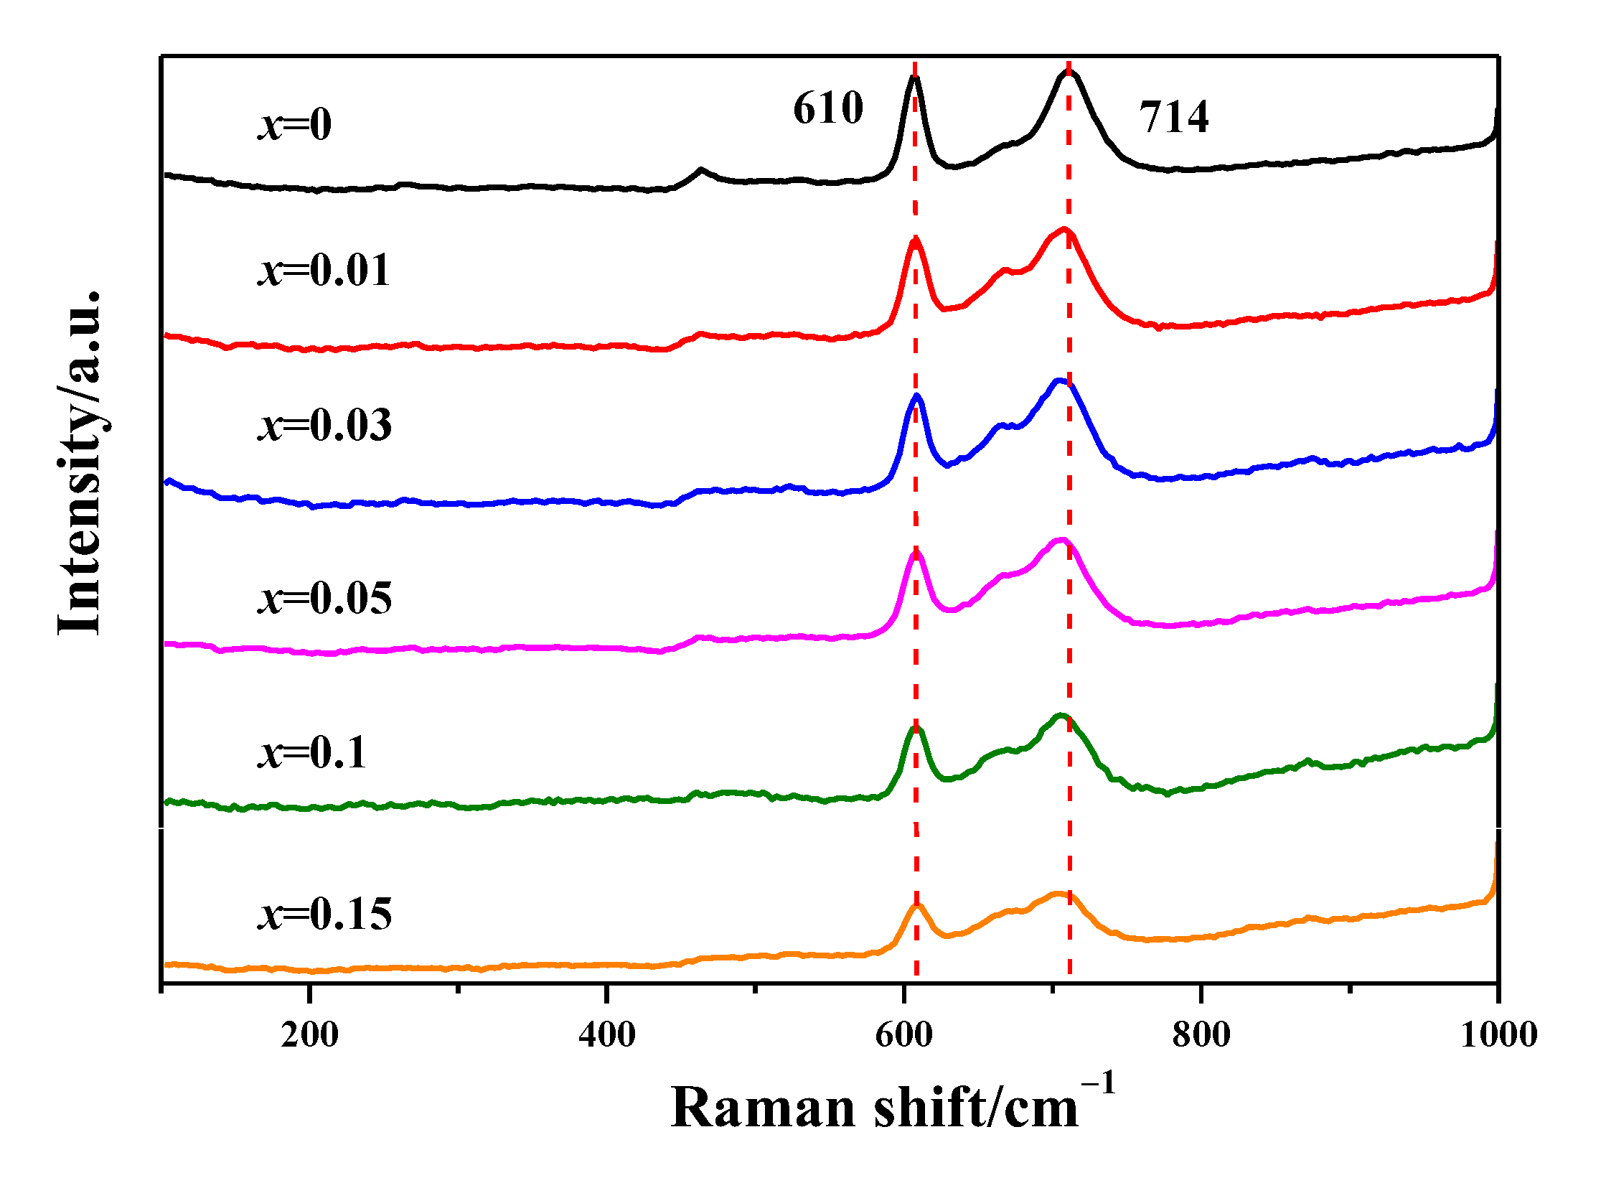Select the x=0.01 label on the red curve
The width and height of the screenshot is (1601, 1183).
coord(324,271)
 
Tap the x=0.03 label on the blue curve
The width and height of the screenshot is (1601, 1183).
coord(325,425)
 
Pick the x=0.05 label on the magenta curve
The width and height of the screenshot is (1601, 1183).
coord(325,598)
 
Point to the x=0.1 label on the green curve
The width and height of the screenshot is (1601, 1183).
coord(312,753)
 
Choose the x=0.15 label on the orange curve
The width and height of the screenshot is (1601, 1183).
coord(325,915)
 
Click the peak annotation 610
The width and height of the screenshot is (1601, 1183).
coord(827,108)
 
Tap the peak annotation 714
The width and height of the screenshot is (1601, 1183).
coord(1173,117)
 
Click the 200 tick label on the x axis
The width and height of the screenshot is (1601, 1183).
coord(309,1035)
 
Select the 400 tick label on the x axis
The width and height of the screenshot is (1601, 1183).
coord(607,1035)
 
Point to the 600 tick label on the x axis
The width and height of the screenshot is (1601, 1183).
coord(904,1035)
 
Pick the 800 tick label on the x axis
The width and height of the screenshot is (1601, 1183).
coord(1201,1035)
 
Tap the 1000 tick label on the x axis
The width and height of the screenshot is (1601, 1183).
coord(1498,1035)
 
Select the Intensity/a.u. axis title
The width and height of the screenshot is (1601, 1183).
coord(80,463)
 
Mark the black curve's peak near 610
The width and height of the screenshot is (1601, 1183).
coord(914,78)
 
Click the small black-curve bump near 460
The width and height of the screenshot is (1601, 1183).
coord(701,170)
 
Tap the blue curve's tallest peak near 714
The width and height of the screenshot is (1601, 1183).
coord(1059,381)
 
